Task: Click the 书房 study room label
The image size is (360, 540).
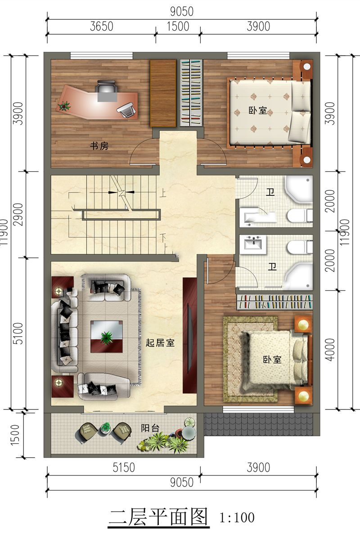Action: pos(99,146)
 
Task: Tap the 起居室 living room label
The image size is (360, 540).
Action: pos(160,342)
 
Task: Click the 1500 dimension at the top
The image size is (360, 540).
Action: pos(178,26)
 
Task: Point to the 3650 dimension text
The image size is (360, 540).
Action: pos(102,26)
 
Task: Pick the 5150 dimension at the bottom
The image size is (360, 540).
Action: pos(124,468)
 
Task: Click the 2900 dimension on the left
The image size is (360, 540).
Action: pos(18,215)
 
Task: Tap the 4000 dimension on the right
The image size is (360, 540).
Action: pos(330,350)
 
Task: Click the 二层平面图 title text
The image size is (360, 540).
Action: pos(158,517)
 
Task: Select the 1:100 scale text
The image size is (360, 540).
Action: pos(237,517)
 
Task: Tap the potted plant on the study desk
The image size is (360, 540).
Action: pos(64,106)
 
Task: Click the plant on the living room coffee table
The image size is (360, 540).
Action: pos(107,337)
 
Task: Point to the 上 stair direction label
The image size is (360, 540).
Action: pos(163,193)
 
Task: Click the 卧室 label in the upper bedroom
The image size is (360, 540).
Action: pos(258,110)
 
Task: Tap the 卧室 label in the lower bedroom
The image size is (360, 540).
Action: pos(272,360)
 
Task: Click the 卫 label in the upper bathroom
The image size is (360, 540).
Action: pos(270,192)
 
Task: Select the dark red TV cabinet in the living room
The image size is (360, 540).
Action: pos(190,336)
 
